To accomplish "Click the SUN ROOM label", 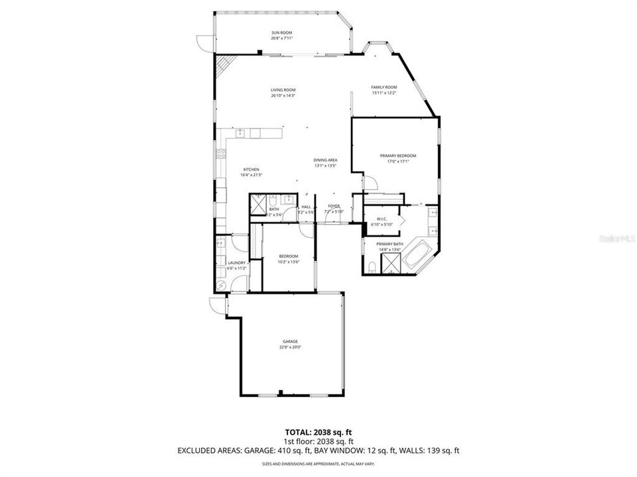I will coord(281,32).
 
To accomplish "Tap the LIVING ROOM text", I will coord(283,90).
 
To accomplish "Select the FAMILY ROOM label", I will coord(384,87).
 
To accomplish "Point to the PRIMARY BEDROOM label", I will coord(394,156).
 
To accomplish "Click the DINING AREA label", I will coord(326,160).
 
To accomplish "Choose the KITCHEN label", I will coord(251,169).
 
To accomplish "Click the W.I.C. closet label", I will coord(382,219).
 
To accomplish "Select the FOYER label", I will coord(334,206).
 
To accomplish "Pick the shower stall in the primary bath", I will coord(391,263).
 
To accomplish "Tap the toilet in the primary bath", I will coord(373,266).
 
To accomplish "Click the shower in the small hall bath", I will coord(257,202).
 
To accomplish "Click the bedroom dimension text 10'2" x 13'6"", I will coord(288,262).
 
